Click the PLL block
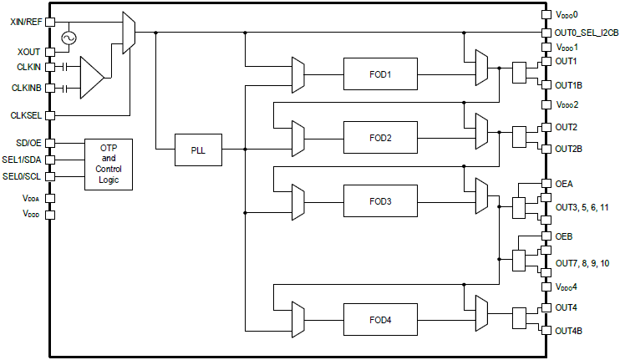click(x=197, y=150)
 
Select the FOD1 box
click(x=379, y=74)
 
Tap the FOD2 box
click(x=379, y=137)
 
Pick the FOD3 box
click(x=379, y=200)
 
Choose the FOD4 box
click(x=379, y=319)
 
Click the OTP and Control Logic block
click(x=108, y=165)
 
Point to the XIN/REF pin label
click(x=26, y=22)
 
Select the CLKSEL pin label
click(x=27, y=115)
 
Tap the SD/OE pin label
click(x=29, y=143)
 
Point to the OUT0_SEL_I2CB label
click(x=587, y=33)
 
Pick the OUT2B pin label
click(x=569, y=149)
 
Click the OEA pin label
click(x=564, y=184)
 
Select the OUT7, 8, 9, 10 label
click(x=582, y=263)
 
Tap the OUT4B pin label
click(x=569, y=331)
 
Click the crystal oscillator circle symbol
click(x=65, y=38)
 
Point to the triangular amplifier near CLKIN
click(x=92, y=76)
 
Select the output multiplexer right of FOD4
click(x=480, y=315)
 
